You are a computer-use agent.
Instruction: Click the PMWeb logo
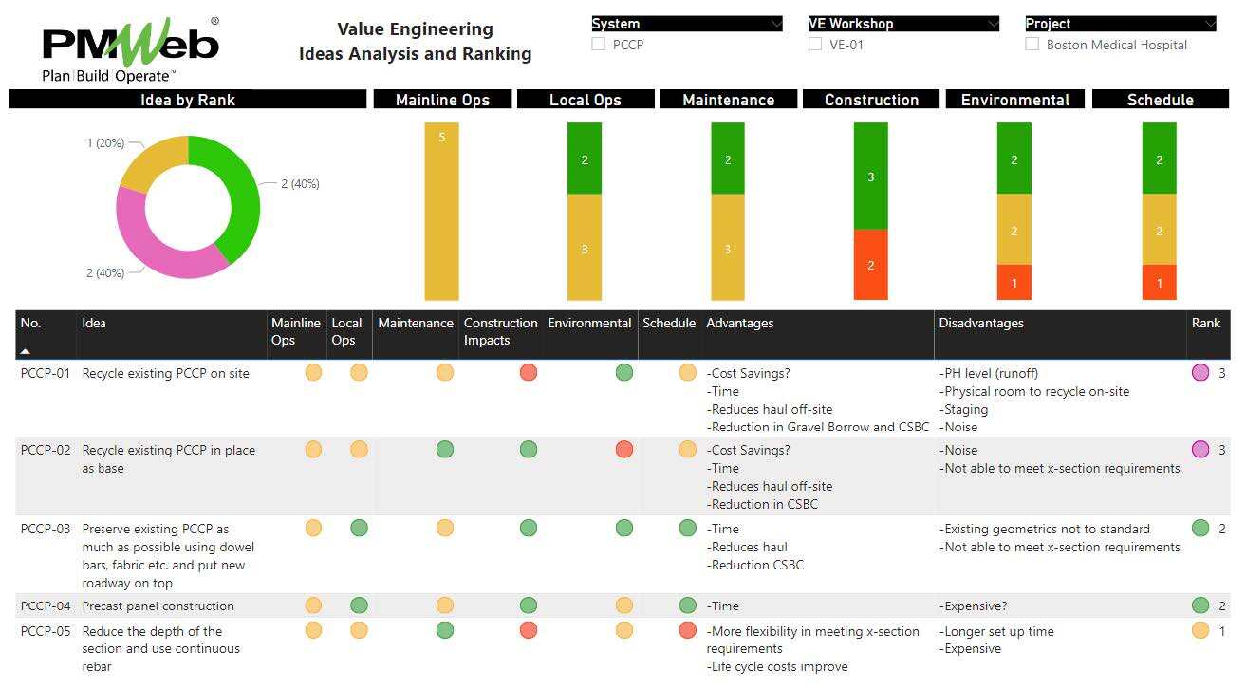point(131,48)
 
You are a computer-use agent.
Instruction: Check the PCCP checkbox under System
point(599,44)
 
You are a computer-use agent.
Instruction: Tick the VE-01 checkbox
point(815,44)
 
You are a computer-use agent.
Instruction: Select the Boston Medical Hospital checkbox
point(1032,44)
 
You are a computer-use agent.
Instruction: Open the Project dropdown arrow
point(1209,24)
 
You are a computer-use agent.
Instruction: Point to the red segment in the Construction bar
point(870,265)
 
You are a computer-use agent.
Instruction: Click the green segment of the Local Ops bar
point(585,159)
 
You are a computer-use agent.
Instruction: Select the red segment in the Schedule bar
point(1159,282)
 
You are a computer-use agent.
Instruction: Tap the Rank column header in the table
point(1205,324)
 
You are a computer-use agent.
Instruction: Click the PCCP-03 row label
point(46,529)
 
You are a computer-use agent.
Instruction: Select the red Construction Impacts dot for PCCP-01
point(529,372)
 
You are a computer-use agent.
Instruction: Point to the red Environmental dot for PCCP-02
point(623,449)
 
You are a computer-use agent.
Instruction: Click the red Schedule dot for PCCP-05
point(688,630)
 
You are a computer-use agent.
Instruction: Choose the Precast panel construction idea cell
point(158,606)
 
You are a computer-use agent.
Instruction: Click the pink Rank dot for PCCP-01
point(1200,373)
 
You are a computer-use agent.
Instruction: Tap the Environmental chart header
point(1014,100)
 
